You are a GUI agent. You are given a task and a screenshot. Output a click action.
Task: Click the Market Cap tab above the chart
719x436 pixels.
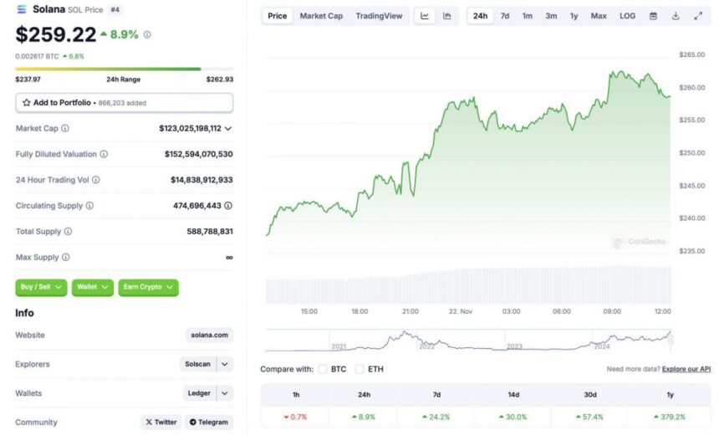click(x=321, y=16)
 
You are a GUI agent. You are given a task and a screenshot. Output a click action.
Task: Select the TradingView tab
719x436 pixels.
click(x=379, y=16)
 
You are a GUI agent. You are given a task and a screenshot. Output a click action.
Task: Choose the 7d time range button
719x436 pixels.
click(x=505, y=16)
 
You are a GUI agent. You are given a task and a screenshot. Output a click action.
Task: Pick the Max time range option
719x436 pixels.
click(x=599, y=16)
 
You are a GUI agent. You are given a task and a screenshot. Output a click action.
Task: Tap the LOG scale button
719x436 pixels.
click(x=627, y=16)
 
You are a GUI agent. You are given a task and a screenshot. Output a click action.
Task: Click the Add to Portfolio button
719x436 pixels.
click(x=124, y=102)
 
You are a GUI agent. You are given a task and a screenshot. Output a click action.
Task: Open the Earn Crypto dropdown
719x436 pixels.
click(x=148, y=287)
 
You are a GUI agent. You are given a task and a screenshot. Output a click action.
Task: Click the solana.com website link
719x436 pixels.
click(x=209, y=335)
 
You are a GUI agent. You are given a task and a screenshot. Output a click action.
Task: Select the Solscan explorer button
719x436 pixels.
click(x=198, y=364)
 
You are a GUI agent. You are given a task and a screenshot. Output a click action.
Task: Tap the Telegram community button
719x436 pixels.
click(x=208, y=422)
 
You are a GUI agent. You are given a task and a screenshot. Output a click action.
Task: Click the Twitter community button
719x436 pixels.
click(x=161, y=422)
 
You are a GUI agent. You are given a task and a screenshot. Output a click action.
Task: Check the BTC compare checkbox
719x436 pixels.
click(x=323, y=368)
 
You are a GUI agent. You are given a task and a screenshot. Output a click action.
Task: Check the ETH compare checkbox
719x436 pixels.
click(x=359, y=368)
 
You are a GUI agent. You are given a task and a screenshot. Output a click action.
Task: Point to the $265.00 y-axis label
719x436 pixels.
click(x=692, y=54)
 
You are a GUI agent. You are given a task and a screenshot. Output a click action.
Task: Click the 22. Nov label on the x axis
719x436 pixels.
click(x=461, y=311)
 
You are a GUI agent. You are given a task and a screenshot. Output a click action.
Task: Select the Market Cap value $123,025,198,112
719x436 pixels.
click(x=191, y=128)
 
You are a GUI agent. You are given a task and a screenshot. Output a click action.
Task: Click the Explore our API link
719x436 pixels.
click(x=686, y=368)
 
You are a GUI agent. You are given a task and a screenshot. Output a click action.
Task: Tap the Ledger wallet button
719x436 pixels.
click(x=199, y=393)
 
